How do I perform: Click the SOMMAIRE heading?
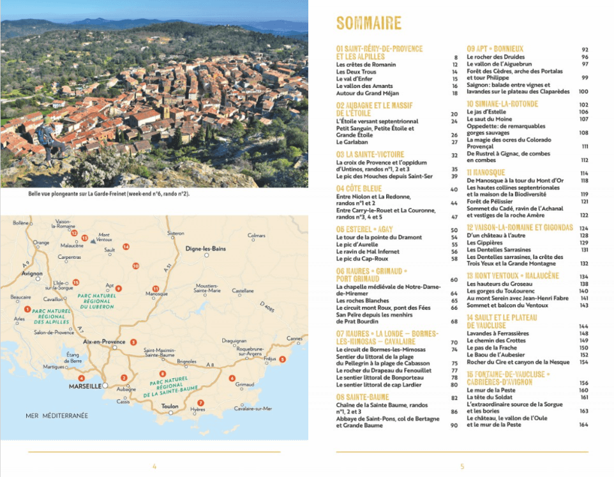click(368, 24)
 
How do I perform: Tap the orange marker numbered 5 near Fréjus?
click(283, 360)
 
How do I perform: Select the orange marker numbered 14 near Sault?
click(126, 246)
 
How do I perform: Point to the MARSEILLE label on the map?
click(84, 386)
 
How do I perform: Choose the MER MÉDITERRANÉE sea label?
click(57, 416)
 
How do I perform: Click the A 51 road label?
click(167, 271)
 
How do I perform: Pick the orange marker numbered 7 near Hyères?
click(200, 402)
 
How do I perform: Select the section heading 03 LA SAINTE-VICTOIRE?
click(370, 154)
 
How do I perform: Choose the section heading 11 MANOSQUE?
click(486, 172)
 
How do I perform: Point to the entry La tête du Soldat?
click(492, 397)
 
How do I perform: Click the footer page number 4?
click(154, 466)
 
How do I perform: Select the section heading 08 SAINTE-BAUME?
click(363, 397)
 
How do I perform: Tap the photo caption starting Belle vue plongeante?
click(109, 194)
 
